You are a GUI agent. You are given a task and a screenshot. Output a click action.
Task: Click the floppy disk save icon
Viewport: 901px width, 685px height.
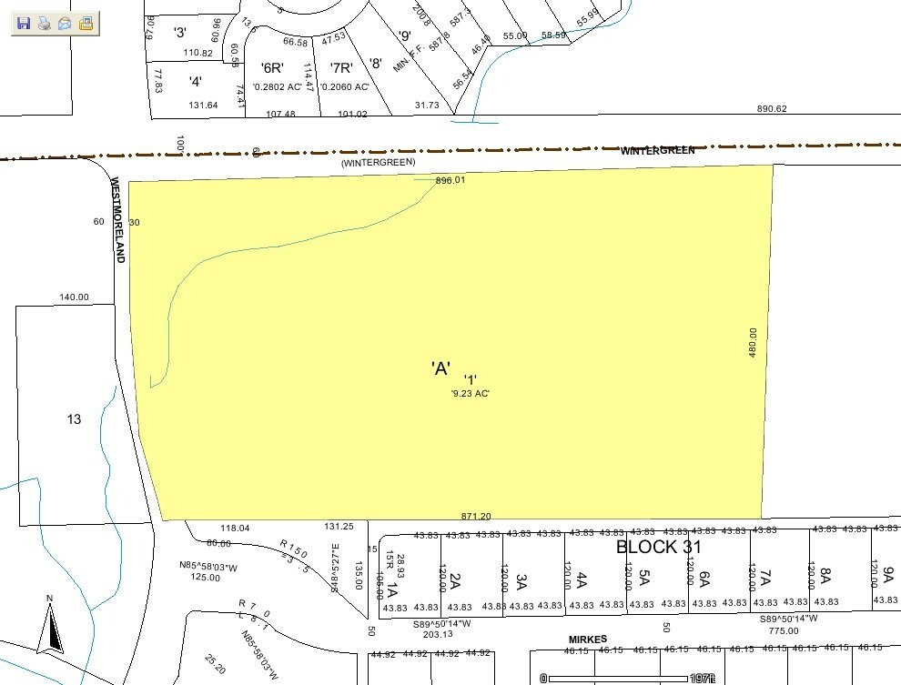[x=24, y=23]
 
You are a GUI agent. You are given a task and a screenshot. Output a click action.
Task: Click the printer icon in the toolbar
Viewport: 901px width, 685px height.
[x=44, y=23]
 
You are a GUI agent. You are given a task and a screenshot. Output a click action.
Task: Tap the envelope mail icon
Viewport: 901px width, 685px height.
[x=65, y=23]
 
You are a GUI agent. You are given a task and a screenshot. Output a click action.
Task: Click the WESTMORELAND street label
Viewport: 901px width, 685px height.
[x=117, y=219]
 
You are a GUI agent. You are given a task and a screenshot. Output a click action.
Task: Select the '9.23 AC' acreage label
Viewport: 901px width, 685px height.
[x=471, y=393]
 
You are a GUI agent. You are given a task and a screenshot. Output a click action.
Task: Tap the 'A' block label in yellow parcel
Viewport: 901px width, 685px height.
[x=440, y=368]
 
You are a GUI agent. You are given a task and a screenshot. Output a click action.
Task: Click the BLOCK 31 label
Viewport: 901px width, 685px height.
[x=659, y=547]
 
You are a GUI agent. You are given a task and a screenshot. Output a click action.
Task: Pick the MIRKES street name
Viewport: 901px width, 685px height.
[x=589, y=640]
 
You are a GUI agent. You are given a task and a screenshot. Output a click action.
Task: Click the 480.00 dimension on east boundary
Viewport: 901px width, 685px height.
[x=754, y=342]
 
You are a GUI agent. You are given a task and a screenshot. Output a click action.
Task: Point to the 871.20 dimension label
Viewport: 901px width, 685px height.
[x=476, y=516]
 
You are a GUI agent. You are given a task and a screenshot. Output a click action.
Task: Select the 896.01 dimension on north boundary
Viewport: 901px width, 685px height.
[x=450, y=180]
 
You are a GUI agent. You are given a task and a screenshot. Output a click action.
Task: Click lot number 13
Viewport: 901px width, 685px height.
[x=75, y=418]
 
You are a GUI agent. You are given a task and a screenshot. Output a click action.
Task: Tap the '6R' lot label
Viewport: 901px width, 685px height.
[x=272, y=67]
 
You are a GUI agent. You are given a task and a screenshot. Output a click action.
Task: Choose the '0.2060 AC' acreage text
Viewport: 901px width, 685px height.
[x=344, y=86]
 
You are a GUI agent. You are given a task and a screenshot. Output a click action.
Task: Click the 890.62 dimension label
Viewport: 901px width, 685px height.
[x=771, y=109]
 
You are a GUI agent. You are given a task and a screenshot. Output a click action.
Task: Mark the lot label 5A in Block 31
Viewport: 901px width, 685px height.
[x=643, y=578]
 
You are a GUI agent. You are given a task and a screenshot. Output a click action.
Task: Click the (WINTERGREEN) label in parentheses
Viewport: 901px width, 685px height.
[x=379, y=162]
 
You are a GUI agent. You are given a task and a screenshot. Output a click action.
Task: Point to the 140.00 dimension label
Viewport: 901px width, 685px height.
[x=74, y=297]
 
